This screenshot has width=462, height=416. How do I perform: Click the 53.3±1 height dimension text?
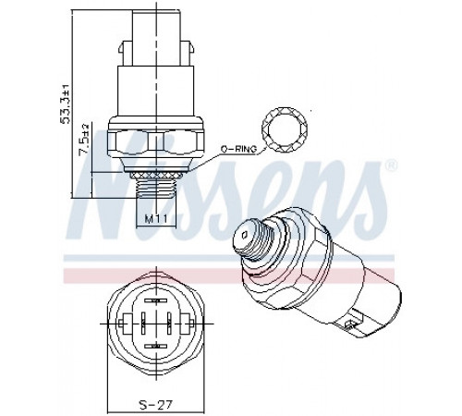coord(66,104)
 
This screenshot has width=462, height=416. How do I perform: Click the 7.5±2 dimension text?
coord(84,140)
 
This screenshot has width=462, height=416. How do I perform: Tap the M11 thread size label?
coord(156,219)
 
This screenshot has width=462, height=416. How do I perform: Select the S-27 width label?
coord(156,404)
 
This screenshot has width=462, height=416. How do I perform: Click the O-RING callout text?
coord(238,149)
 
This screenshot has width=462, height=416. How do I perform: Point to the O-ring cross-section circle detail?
coord(285,129)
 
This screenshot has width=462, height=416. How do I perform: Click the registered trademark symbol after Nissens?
coord(391,165)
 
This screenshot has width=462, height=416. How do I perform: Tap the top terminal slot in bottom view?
coord(156,300)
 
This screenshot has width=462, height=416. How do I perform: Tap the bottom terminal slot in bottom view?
coord(156,347)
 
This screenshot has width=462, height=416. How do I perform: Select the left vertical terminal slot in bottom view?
coord(143,323)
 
